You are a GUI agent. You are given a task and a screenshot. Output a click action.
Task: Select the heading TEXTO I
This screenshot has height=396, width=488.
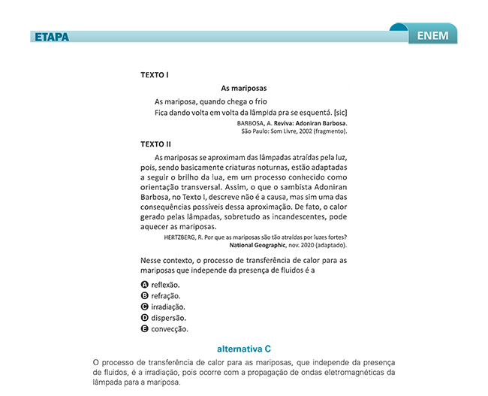point(155,75)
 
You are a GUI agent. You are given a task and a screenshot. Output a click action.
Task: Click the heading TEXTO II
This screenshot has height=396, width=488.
point(156,143)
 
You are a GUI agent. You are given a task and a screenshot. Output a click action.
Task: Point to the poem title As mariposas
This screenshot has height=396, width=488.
point(243,89)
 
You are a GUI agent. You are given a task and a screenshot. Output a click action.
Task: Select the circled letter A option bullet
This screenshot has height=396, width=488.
point(144,285)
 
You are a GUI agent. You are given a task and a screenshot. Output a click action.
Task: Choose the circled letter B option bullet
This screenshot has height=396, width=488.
point(144,296)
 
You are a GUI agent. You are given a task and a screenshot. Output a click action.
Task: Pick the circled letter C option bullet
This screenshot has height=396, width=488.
point(144,307)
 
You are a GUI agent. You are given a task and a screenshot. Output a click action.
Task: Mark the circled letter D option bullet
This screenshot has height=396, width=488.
point(144,318)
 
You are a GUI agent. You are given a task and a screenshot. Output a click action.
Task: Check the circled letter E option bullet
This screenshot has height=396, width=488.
point(144,328)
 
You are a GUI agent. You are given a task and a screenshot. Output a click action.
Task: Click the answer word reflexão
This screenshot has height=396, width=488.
point(165,285)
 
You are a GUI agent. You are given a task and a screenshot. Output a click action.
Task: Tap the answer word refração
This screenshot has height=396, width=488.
point(165,296)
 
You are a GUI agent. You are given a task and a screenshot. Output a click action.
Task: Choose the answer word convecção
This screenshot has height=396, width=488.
point(170,328)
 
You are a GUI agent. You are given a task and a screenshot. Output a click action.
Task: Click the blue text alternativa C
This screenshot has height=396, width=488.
point(243,349)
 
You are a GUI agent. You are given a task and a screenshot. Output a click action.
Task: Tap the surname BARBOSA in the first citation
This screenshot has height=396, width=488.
point(252,122)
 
